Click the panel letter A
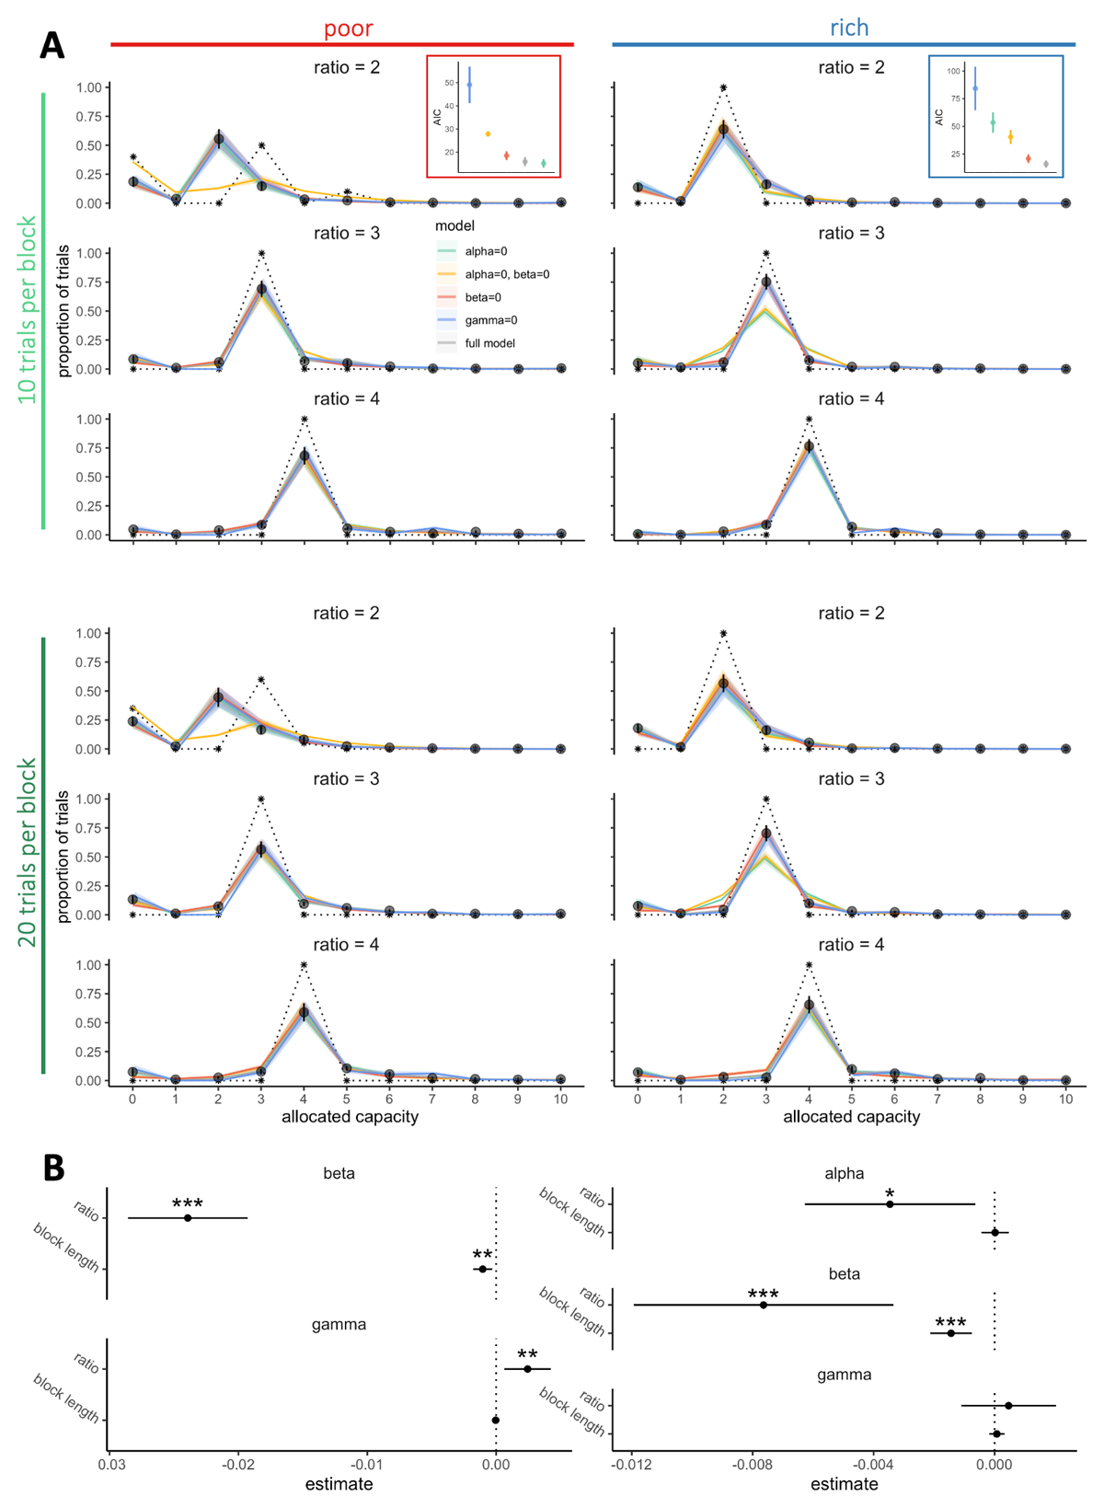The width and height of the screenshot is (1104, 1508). coord(52,45)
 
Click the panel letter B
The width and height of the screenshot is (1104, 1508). coord(53,1168)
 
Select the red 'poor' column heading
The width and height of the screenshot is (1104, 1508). coord(348,29)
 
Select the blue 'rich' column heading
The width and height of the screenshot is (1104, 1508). coord(848,29)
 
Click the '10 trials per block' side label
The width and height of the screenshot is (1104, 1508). coord(29,309)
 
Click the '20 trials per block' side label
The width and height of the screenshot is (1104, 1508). coord(29,853)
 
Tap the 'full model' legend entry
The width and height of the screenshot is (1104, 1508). coord(489,343)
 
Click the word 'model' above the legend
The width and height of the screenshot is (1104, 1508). coord(454,225)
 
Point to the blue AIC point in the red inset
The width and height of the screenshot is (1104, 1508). coord(469,85)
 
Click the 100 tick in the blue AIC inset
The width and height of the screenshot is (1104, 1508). coord(954,71)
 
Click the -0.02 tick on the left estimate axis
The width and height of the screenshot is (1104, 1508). coord(238,1463)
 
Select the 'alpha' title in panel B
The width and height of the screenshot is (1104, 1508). coord(844,1173)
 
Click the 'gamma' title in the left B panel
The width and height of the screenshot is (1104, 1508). coord(339,1325)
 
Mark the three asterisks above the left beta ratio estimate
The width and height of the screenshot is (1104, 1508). coord(188,1204)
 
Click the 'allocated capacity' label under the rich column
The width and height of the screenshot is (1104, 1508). coord(851,1117)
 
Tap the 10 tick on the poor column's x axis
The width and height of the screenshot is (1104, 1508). coord(561,1099)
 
